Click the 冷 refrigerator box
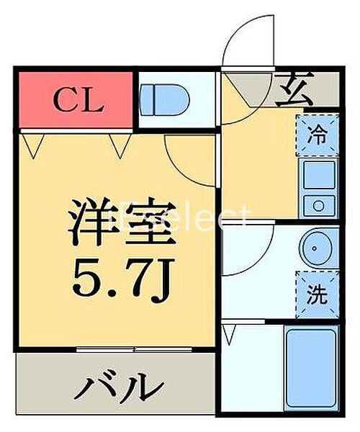coord(317,134)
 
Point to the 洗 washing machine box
coord(317,293)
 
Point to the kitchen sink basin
coord(317,174)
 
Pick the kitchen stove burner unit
coord(317,204)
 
